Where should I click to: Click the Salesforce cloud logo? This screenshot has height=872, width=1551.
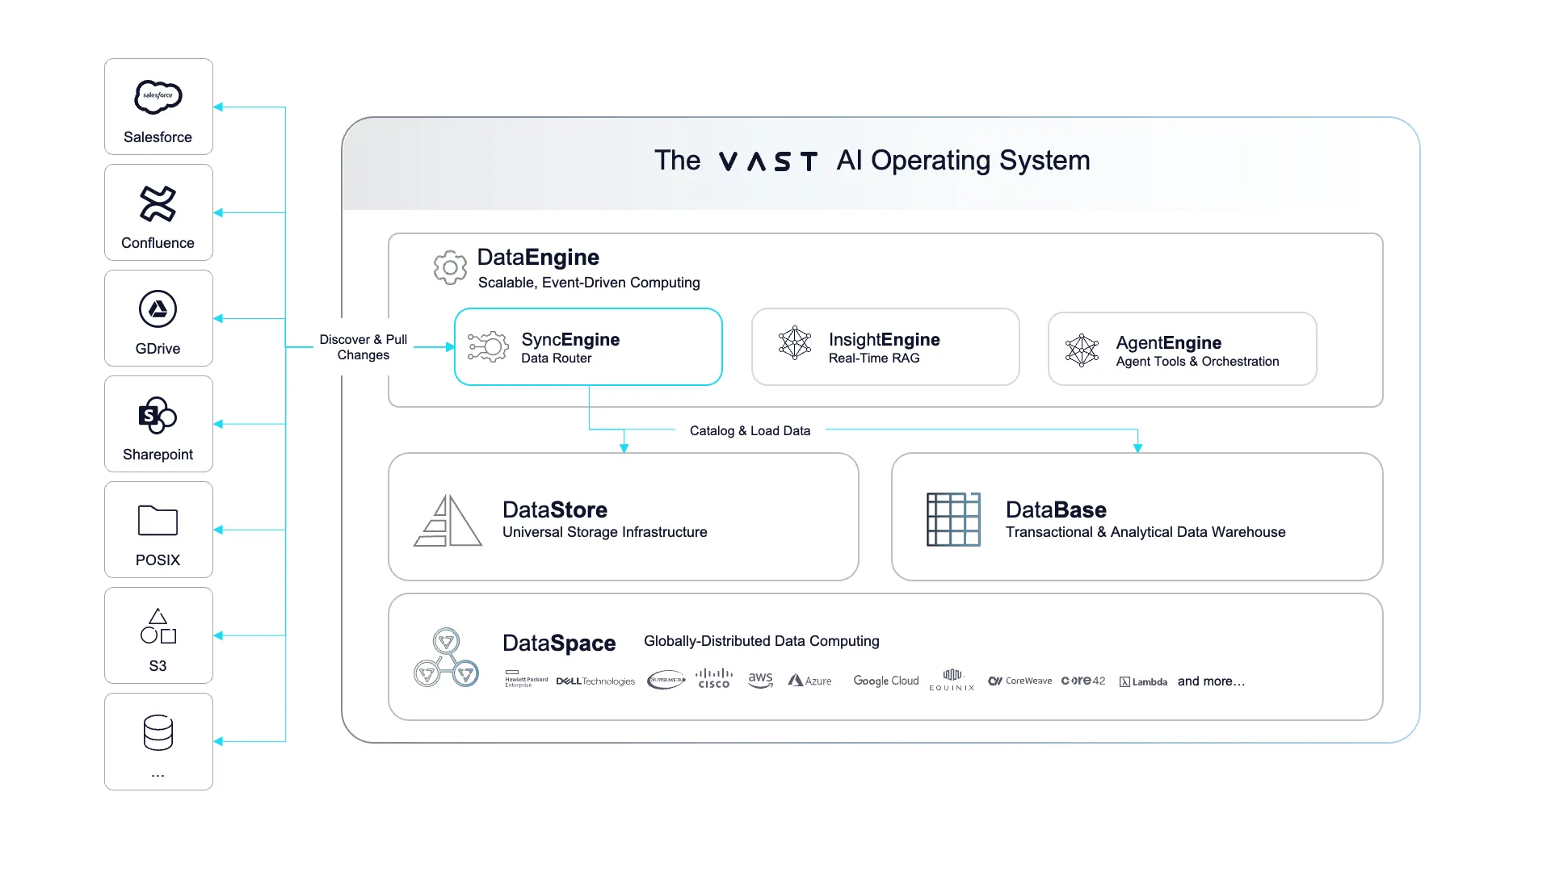158,97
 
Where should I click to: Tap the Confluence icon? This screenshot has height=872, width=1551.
158,203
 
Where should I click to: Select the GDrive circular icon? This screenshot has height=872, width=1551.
158,309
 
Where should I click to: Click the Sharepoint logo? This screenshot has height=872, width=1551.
158,416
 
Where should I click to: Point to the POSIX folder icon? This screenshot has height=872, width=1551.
158,521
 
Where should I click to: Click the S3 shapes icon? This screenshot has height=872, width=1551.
158,627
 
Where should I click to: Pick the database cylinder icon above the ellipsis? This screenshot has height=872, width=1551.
158,733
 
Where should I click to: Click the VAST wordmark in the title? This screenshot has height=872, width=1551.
767,161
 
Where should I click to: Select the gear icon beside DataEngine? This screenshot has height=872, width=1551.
450,267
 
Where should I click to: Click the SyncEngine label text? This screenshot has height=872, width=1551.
570,339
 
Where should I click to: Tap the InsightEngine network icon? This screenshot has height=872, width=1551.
795,343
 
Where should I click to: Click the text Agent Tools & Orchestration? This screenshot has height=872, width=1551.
1197,362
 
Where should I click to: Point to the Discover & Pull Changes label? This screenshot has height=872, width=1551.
364,347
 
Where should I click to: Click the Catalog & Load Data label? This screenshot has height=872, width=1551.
750,431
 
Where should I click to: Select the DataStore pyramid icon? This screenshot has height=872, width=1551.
448,521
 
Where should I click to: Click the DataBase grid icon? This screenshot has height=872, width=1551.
953,519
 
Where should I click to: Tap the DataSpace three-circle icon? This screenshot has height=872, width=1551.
446,658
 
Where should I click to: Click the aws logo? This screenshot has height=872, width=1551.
760,680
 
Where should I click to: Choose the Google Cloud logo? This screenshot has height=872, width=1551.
886,681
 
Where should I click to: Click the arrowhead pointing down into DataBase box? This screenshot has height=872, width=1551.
1137,447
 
